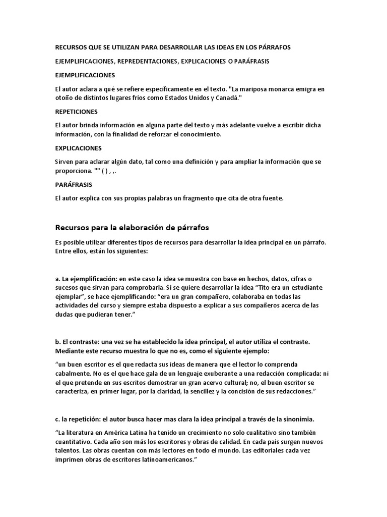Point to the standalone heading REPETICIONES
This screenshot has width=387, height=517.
[76, 112]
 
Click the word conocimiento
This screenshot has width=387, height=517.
[201, 135]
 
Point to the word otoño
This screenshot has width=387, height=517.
[64, 98]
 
